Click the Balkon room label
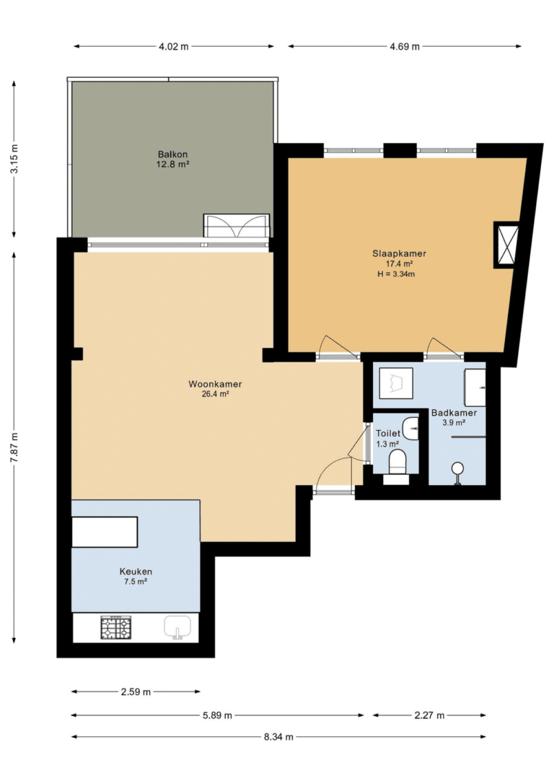(172, 154)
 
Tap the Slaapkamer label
(400, 254)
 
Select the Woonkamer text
(215, 384)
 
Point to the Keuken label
(136, 572)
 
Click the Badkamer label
(454, 413)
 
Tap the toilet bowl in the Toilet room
(398, 461)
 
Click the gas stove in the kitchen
(117, 628)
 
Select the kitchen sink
(177, 627)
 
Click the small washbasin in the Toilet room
(412, 429)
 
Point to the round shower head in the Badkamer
(457, 468)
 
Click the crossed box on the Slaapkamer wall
(506, 245)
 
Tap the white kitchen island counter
(105, 533)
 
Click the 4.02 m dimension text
(174, 46)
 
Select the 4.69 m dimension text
(404, 46)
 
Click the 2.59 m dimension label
(136, 692)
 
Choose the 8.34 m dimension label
(278, 737)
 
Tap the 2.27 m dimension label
(429, 716)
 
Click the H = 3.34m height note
(396, 274)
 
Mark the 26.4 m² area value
(216, 394)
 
